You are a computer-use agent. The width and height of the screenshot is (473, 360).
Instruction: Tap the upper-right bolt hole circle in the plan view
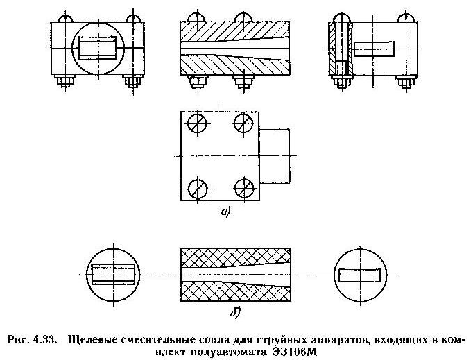click(243, 125)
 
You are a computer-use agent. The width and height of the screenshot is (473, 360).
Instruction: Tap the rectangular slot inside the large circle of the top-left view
click(99, 49)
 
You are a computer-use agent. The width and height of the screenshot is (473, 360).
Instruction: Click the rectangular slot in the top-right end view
click(374, 49)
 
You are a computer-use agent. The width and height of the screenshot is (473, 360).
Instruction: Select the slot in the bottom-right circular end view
click(359, 275)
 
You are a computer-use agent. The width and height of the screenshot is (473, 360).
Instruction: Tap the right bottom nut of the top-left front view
click(134, 82)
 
